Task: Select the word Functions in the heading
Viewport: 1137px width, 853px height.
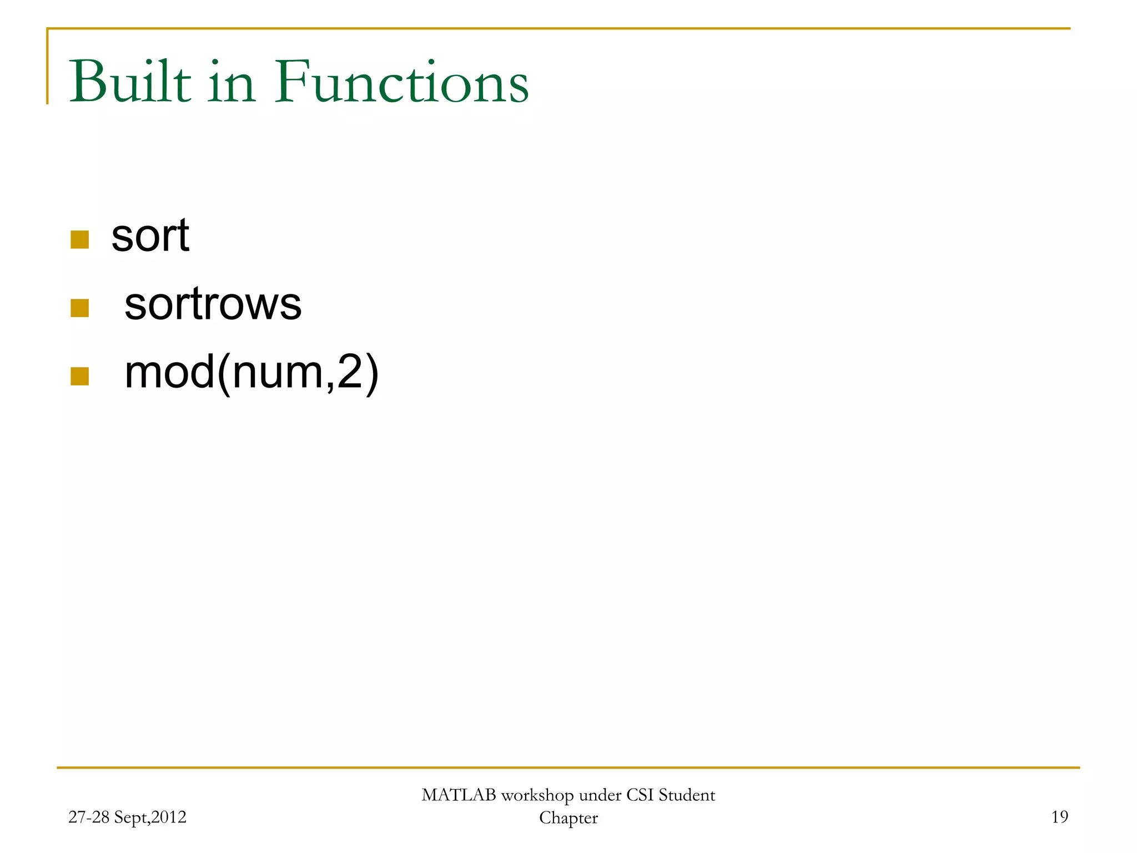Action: (402, 82)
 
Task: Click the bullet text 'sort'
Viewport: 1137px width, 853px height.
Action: (150, 235)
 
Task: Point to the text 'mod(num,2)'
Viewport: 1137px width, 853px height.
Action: (251, 373)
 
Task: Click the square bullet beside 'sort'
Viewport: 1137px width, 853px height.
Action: (80, 240)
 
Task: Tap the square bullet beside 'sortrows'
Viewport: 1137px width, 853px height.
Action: (80, 308)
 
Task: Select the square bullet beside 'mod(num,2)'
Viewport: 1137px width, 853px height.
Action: (80, 377)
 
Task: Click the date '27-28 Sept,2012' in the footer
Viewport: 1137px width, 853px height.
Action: (127, 817)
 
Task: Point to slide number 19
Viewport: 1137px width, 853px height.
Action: (1059, 816)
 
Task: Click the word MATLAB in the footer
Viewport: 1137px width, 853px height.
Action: (459, 795)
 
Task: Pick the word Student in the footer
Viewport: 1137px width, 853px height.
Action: (687, 795)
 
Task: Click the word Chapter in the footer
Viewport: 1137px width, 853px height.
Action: (568, 818)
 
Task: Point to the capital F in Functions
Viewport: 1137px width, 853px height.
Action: (292, 82)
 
